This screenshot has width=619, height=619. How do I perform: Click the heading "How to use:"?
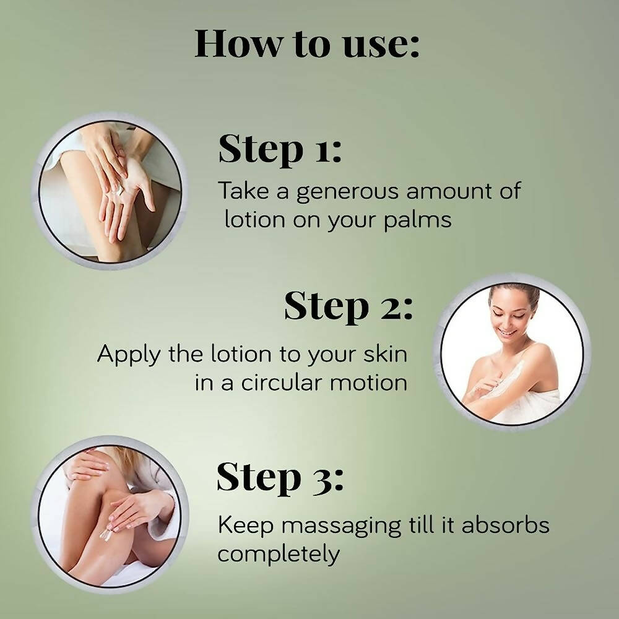pyautogui.click(x=307, y=44)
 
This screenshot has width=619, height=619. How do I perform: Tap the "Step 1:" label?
pyautogui.click(x=280, y=150)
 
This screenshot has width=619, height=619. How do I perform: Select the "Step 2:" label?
pyautogui.click(x=348, y=307)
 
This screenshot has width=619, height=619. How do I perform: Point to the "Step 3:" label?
pyautogui.click(x=280, y=478)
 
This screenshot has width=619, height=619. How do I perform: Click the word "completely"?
pyautogui.click(x=279, y=553)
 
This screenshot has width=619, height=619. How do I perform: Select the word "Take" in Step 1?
pyautogui.click(x=241, y=191)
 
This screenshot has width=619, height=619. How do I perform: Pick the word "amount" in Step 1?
pyautogui.click(x=443, y=191)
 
